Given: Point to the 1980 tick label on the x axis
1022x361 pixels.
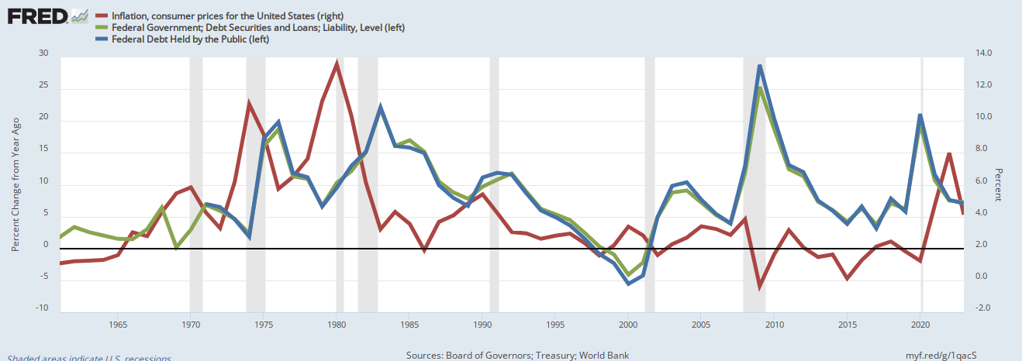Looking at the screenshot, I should point(337,324).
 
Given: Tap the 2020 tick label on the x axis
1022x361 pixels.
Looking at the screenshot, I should point(921,324).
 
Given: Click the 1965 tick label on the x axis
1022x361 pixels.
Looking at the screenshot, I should point(118,324).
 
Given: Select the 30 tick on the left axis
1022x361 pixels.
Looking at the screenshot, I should point(43,53).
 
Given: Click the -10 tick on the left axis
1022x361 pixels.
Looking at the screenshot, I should point(42,308).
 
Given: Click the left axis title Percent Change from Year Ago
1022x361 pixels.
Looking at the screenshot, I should point(15,186).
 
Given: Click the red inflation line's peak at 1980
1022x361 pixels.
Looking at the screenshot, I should point(337,63).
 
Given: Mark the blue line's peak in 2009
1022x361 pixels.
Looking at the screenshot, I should point(760,66).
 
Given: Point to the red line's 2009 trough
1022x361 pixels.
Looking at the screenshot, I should point(760,286).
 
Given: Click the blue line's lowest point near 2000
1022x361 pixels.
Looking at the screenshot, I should point(628,284).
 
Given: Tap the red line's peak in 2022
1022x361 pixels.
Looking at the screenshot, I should point(949,153).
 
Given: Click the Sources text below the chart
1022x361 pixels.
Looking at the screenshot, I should point(517,356).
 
